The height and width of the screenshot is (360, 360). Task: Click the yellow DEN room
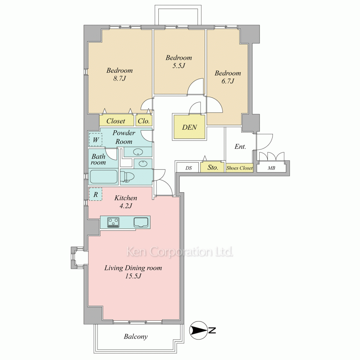point(189,127)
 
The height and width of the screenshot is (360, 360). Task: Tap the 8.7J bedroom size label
point(120,75)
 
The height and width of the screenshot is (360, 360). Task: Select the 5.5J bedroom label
point(179,62)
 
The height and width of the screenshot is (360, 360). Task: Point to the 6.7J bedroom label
point(228,77)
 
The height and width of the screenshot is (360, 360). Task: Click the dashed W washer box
point(95,140)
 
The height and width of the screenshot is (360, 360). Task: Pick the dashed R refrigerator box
point(95,194)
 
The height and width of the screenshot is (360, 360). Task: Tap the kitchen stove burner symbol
point(113,222)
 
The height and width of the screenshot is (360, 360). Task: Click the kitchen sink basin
point(141,222)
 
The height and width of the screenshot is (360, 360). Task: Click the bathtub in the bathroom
point(104,177)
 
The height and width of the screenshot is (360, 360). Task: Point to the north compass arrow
point(199,330)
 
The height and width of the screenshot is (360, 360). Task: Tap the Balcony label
point(136,337)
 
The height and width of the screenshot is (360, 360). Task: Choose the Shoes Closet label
point(239,168)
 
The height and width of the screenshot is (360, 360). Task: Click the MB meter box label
point(271,168)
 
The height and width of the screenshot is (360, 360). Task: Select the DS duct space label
point(189,168)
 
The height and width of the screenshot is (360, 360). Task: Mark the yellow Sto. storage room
point(212,167)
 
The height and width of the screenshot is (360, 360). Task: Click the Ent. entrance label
point(240,147)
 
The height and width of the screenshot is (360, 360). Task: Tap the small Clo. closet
point(144,121)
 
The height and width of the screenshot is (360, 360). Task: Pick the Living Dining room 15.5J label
point(133,272)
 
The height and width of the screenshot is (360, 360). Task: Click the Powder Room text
point(124,137)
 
